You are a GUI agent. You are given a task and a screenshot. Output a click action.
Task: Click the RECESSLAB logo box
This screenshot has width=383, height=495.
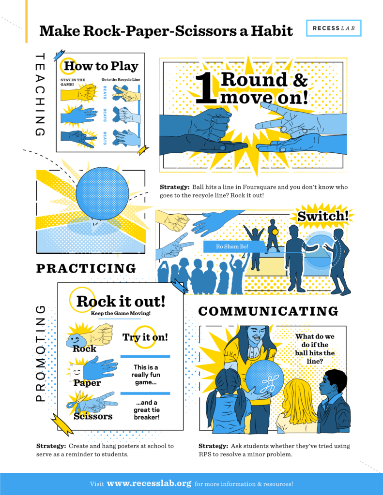tap(334, 29)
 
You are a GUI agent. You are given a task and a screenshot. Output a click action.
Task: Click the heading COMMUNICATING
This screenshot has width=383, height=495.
tap(268, 311)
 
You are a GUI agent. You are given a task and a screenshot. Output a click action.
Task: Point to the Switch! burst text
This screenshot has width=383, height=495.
tap(322, 216)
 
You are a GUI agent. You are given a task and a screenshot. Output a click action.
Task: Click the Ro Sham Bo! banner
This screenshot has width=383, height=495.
tap(233, 247)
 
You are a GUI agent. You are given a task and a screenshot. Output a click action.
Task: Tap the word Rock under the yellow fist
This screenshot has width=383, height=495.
tap(85, 349)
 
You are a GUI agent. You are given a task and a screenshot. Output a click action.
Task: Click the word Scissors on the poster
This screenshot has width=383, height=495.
tap(93, 416)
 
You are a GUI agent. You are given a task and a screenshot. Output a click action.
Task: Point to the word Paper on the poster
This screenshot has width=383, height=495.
tap(87, 383)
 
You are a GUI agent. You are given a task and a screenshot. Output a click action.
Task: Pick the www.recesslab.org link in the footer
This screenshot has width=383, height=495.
tap(149, 483)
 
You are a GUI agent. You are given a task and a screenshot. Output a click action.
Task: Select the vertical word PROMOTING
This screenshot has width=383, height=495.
tap(41, 353)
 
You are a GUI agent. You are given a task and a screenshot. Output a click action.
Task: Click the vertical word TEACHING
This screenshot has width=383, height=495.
tap(41, 94)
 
